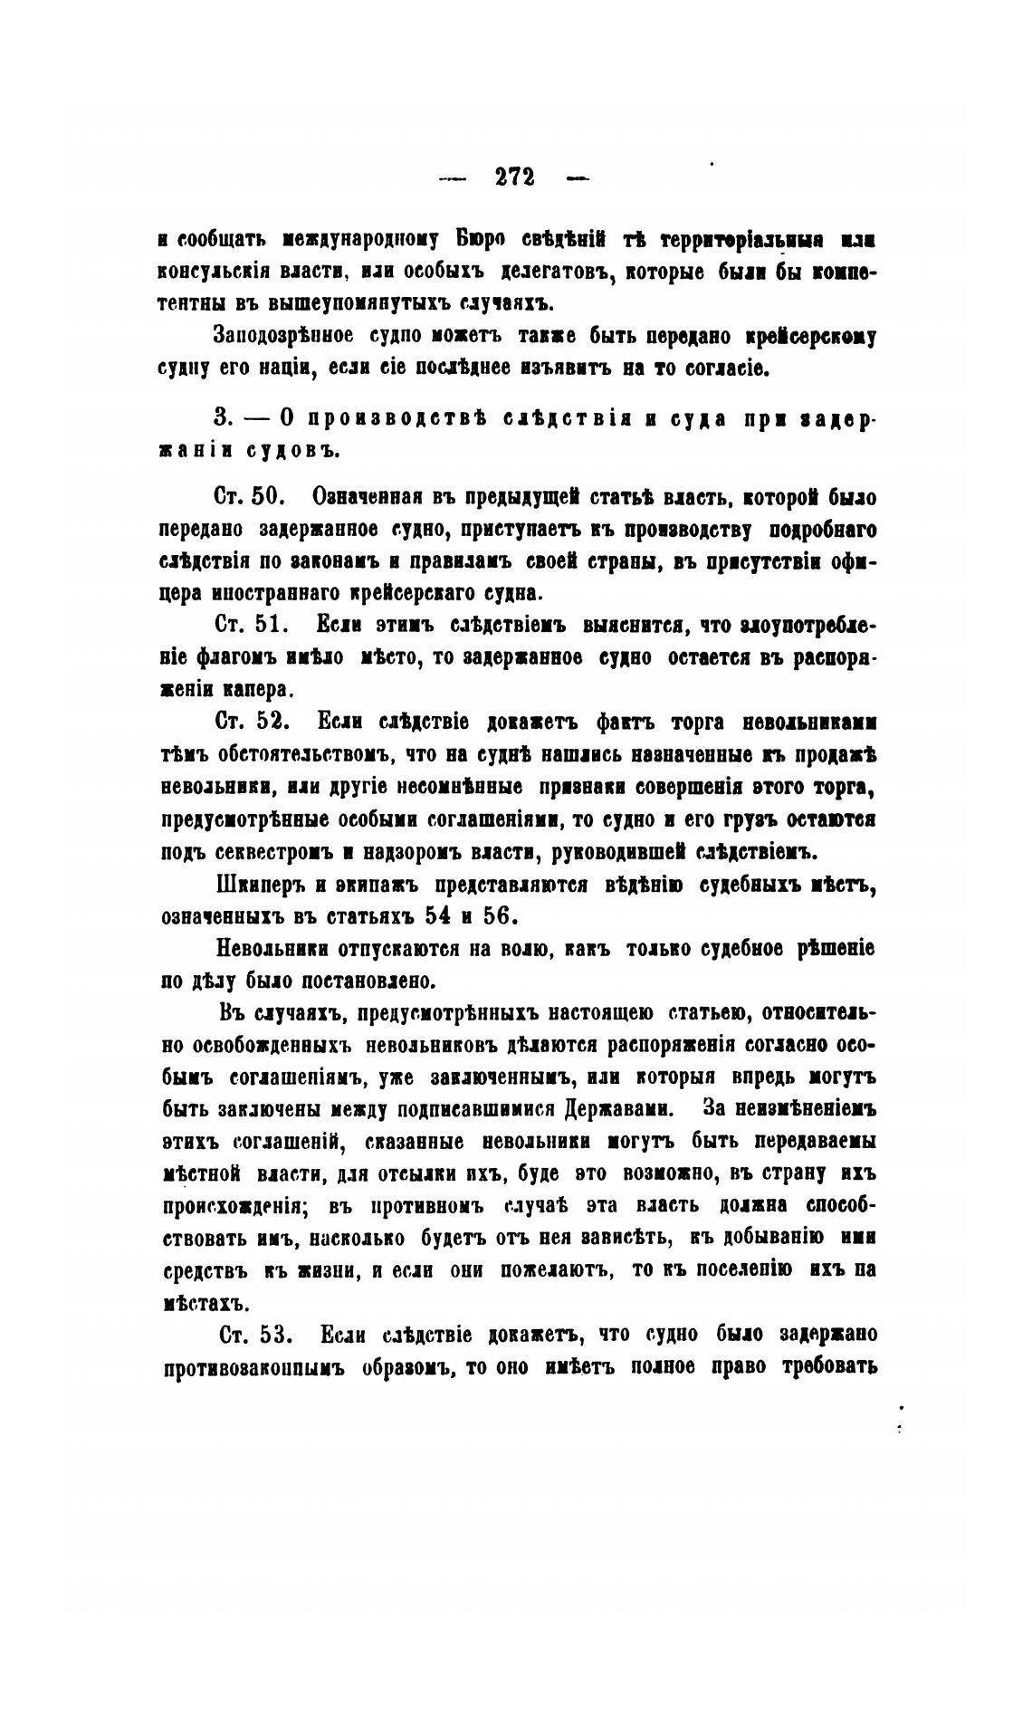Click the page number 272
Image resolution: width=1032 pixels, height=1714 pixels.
point(515,177)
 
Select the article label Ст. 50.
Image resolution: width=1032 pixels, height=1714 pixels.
point(250,497)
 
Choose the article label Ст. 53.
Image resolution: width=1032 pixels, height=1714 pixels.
point(253,1335)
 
